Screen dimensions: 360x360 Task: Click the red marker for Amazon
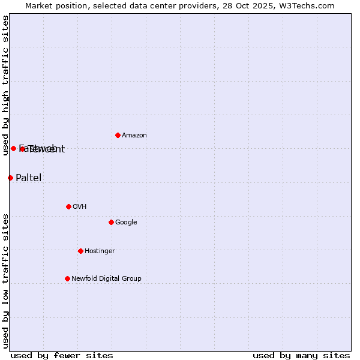[x=118, y=135]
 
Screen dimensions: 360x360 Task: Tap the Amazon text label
[x=134, y=136]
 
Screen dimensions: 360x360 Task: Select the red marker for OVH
[x=68, y=206]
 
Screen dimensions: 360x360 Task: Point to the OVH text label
[x=80, y=207]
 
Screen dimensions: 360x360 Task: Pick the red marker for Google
[x=111, y=222]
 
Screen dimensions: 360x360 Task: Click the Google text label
[x=126, y=223]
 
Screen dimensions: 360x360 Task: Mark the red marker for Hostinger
[x=80, y=251]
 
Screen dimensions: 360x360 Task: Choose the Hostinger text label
[x=100, y=251]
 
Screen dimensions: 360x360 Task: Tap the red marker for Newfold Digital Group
[x=67, y=278]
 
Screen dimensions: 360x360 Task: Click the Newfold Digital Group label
[x=106, y=279]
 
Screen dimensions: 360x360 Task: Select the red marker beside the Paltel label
[x=10, y=178]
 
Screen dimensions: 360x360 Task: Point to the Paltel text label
[x=28, y=178]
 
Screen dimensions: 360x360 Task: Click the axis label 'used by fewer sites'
[x=62, y=355]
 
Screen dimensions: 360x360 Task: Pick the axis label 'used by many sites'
[x=301, y=355]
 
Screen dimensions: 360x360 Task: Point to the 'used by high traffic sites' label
[x=5, y=85]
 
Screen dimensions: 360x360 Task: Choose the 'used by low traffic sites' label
[x=5, y=281]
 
